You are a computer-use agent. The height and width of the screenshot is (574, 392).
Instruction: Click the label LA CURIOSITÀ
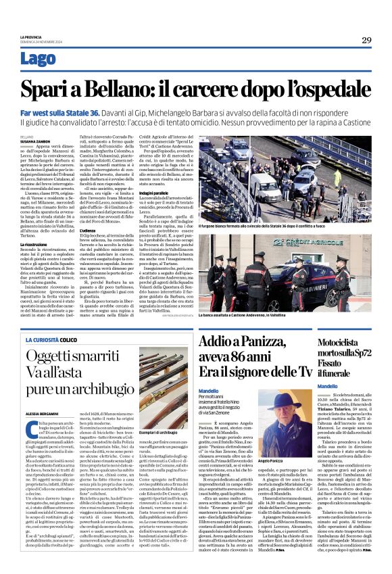(x=42, y=339)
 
